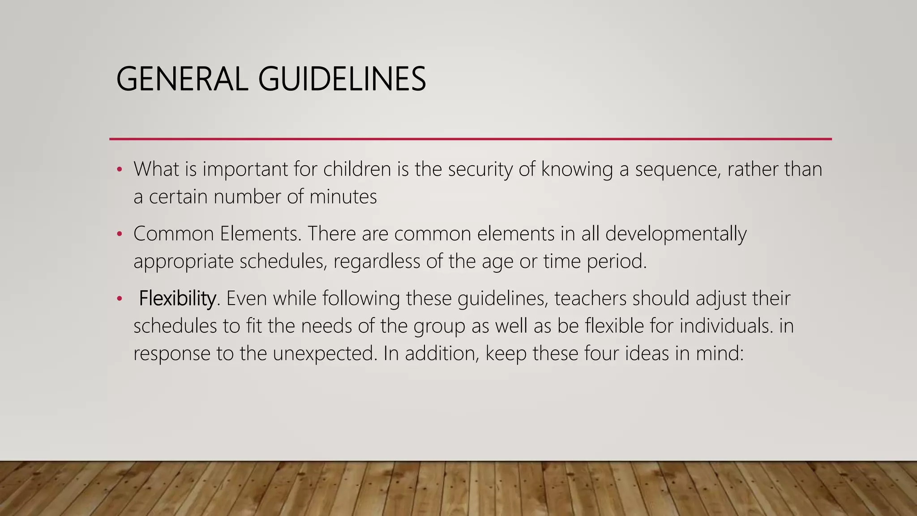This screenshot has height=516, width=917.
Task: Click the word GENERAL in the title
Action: pos(182,79)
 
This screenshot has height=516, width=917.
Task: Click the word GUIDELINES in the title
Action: pos(342,79)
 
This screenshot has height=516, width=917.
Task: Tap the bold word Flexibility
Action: pos(177,298)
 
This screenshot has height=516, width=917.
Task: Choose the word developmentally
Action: pos(676,234)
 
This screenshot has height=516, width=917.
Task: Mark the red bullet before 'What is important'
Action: pos(119,170)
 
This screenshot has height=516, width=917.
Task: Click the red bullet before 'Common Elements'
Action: pos(119,234)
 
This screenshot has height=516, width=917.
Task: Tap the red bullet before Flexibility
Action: pos(119,299)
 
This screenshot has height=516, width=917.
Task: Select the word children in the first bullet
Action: pos(357,169)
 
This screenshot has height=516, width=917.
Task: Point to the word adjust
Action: pos(720,298)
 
